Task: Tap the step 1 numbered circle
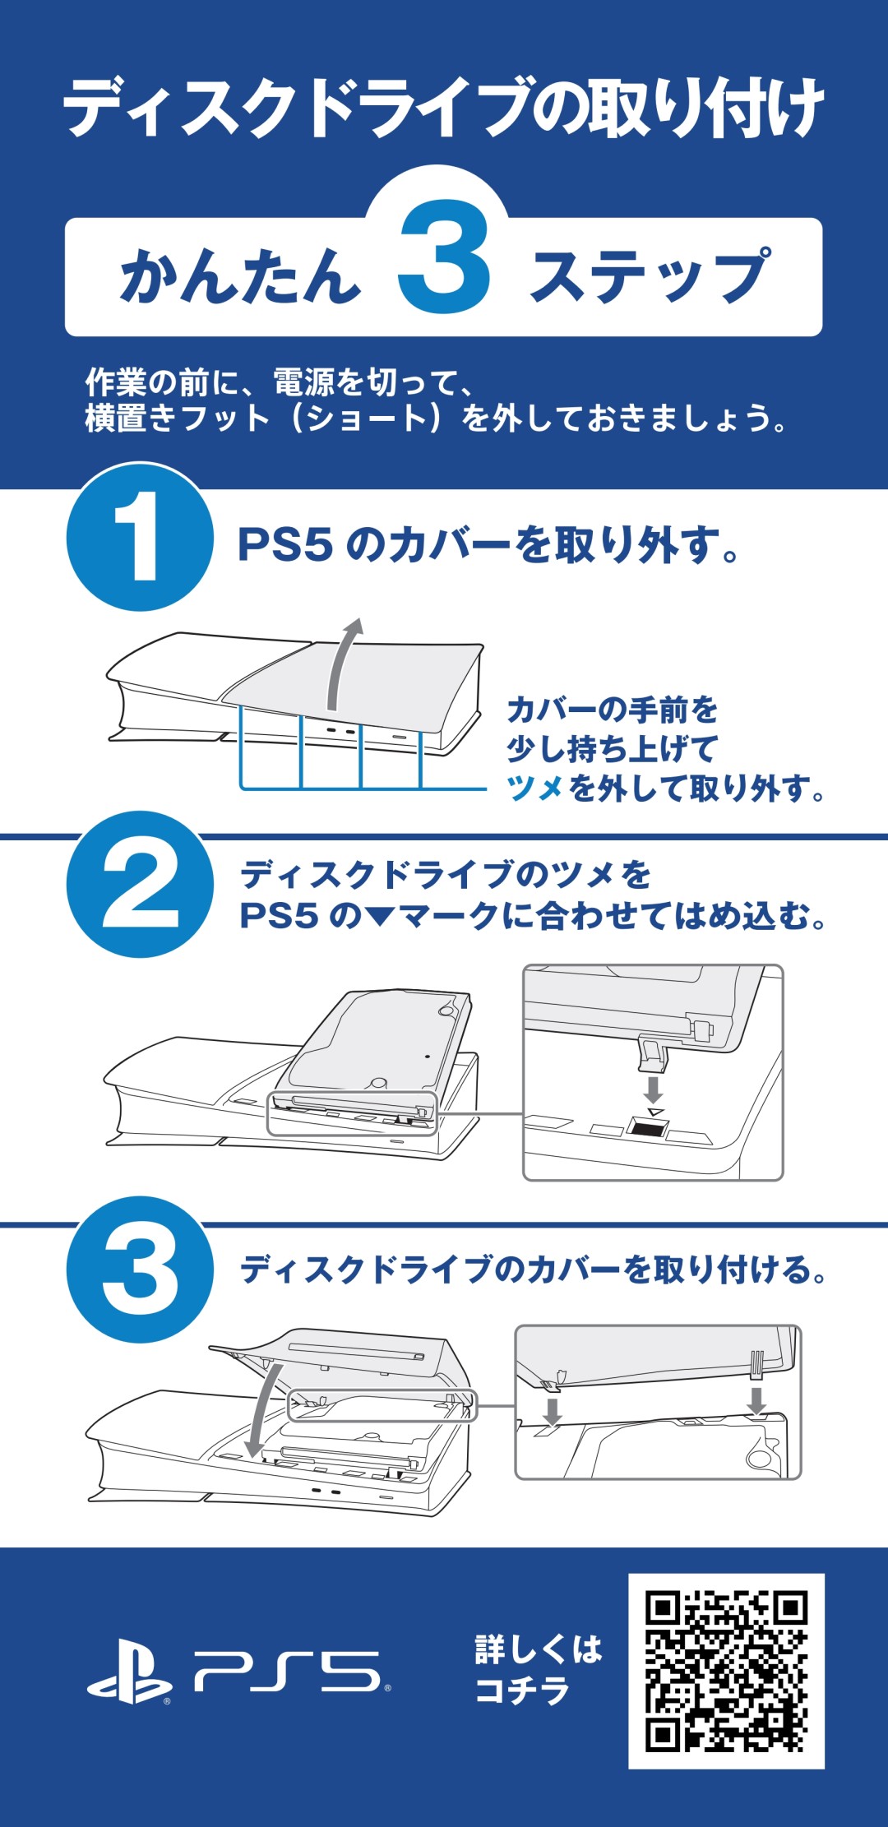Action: (x=140, y=538)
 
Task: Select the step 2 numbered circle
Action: (x=140, y=885)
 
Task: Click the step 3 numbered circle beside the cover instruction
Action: (x=140, y=1270)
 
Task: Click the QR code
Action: (x=726, y=1671)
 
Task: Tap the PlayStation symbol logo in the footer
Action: (x=129, y=1672)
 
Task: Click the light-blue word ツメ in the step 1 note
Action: (x=535, y=789)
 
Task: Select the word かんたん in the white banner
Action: (x=241, y=275)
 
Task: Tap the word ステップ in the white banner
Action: (x=650, y=275)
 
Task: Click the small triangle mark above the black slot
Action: (x=654, y=1112)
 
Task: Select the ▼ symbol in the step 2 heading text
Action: (x=380, y=917)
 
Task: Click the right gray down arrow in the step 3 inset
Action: (x=756, y=1400)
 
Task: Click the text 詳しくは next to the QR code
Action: (x=539, y=1649)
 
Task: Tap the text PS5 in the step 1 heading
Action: (x=285, y=544)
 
